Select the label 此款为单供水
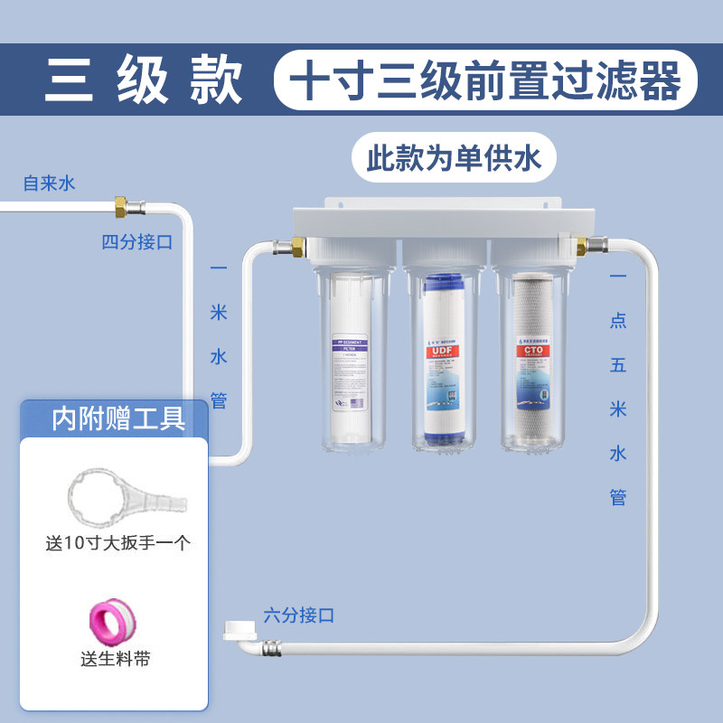[453, 160]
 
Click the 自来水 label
[50, 183]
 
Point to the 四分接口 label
[136, 241]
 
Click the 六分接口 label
[299, 615]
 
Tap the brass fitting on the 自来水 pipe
[121, 206]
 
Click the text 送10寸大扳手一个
[118, 544]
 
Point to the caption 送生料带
[115, 659]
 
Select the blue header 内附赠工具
[118, 418]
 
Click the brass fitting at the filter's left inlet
[297, 245]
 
